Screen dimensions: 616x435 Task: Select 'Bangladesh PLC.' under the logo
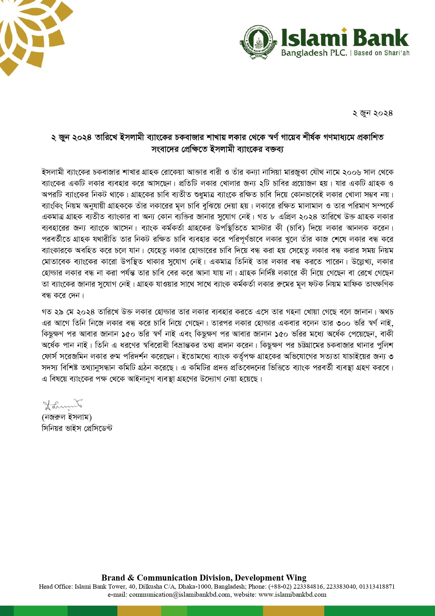pos(314,53)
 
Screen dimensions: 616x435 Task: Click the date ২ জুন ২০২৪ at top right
pos(373,113)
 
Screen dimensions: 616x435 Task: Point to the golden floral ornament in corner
pos(28,32)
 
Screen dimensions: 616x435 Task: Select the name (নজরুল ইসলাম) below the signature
pos(67,417)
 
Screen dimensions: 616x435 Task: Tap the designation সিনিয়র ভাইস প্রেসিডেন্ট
pos(77,428)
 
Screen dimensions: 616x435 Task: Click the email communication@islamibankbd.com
pos(180,595)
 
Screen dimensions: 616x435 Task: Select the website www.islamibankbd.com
pos(292,595)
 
